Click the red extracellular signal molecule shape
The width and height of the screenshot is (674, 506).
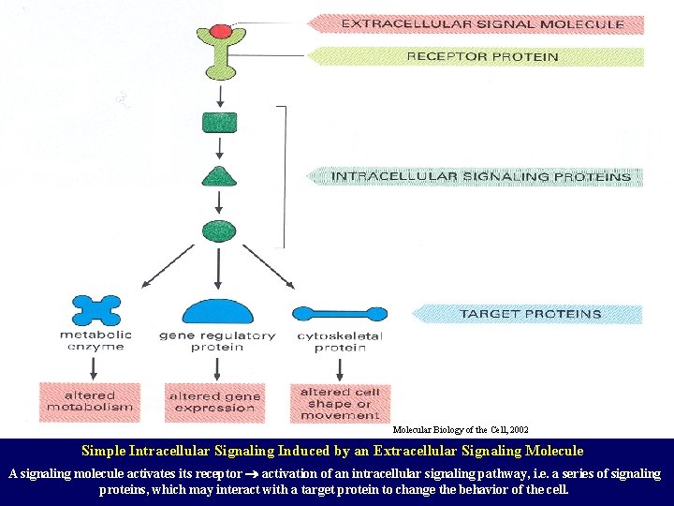coord(219,31)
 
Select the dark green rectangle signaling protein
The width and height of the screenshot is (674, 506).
coord(219,123)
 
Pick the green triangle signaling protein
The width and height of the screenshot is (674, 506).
coord(219,176)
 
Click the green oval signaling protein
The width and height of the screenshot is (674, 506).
coord(219,228)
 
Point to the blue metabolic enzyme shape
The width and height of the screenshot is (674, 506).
coord(95,310)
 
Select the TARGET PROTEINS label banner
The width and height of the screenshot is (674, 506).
coord(529,314)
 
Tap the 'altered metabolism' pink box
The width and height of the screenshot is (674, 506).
coord(90,401)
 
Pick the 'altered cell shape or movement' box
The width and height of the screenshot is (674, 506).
coord(340,403)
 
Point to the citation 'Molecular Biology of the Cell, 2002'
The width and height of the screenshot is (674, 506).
coord(460,429)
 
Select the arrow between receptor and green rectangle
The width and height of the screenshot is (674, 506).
coord(219,97)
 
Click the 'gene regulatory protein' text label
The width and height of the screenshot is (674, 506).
coord(217,341)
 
